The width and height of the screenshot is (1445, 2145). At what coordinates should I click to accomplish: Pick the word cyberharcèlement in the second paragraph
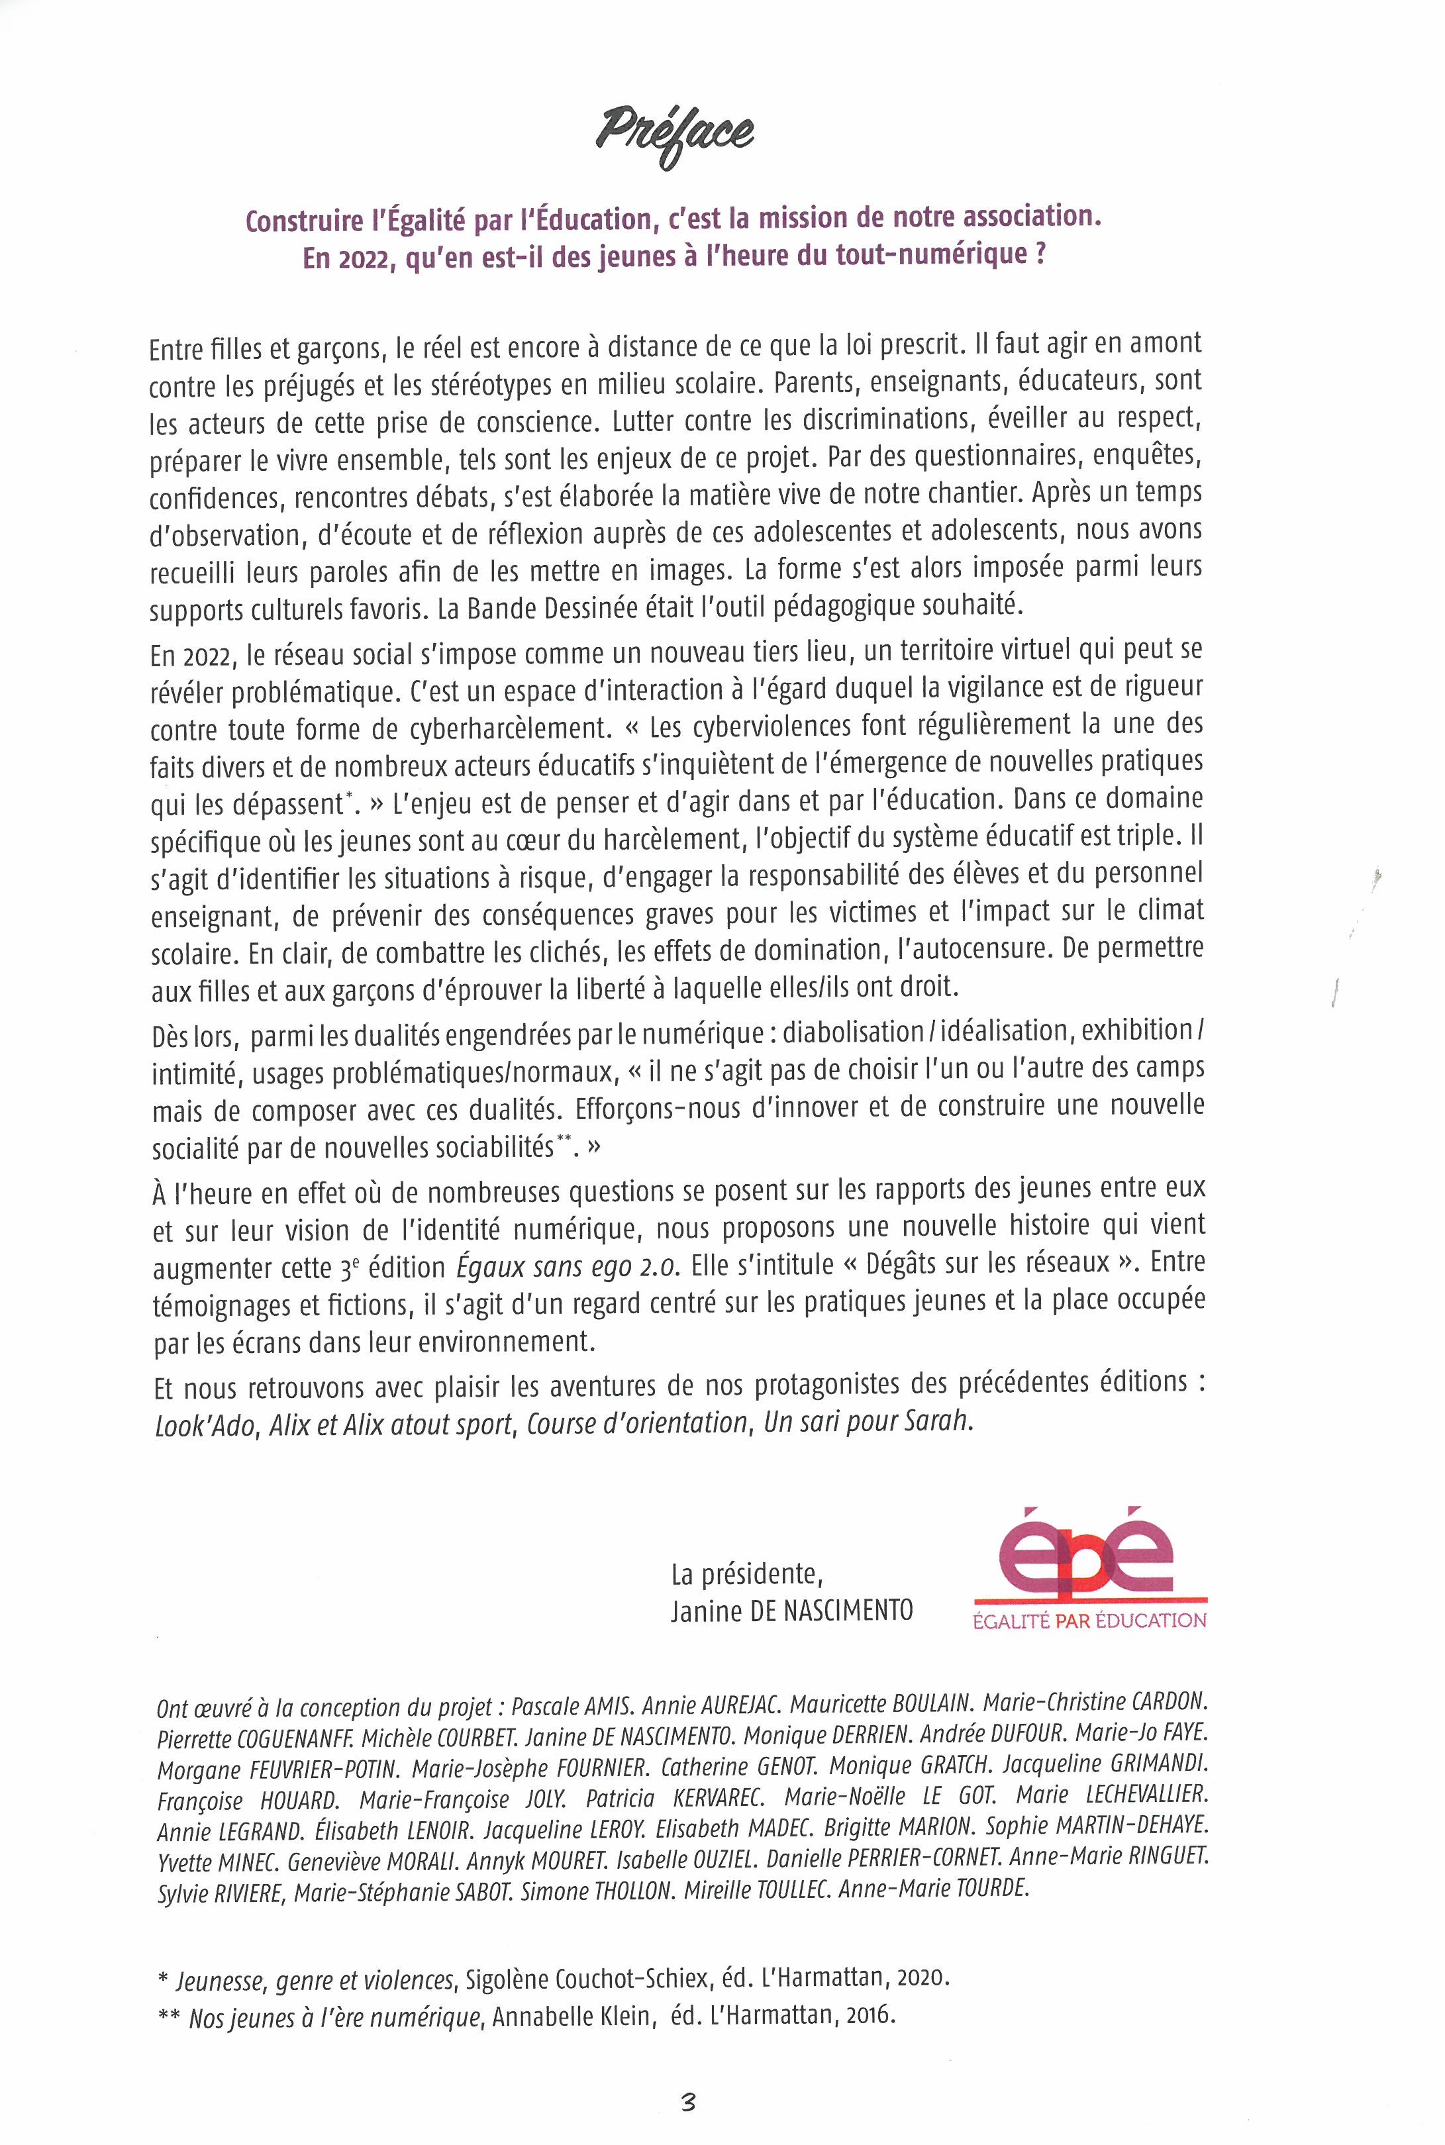[511, 728]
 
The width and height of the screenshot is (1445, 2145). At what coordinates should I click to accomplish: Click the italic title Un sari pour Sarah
[867, 1422]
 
